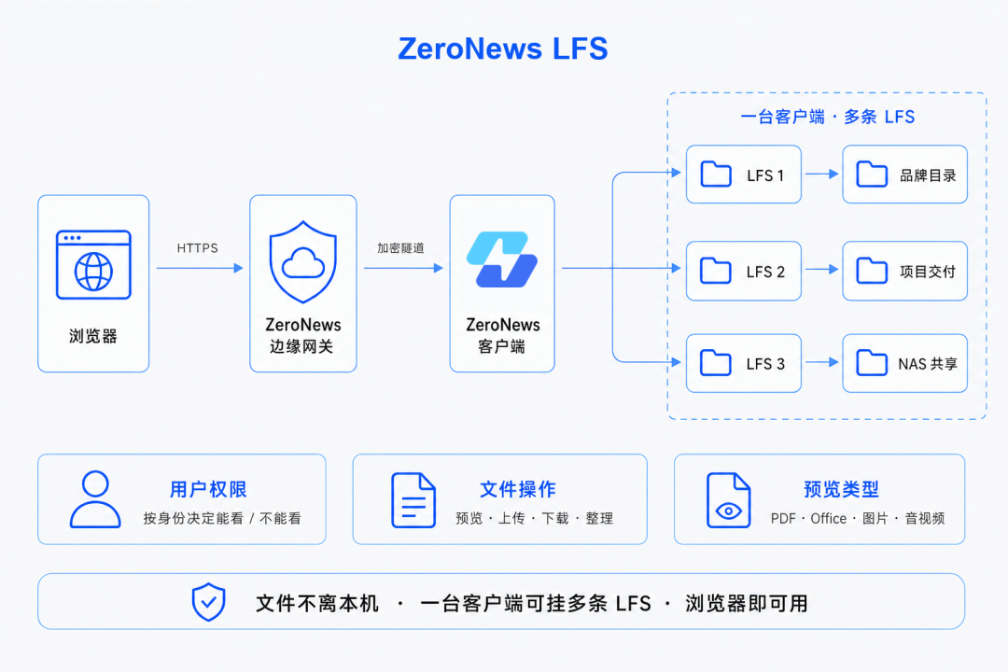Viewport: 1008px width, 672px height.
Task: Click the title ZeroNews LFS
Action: click(503, 49)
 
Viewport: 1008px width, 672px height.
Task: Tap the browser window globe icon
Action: click(94, 264)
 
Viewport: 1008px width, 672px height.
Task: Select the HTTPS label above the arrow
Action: click(197, 248)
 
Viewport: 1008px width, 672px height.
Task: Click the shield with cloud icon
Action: click(302, 261)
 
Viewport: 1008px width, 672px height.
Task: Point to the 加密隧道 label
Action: click(400, 248)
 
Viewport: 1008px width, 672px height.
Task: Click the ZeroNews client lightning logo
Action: click(502, 259)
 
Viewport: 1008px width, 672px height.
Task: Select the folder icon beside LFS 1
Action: click(716, 175)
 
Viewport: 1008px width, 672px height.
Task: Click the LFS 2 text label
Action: click(765, 272)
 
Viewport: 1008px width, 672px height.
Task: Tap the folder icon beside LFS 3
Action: click(716, 363)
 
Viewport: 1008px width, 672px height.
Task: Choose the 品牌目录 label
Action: click(928, 175)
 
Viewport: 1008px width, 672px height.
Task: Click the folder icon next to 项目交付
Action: click(873, 271)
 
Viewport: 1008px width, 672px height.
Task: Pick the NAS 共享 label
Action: click(928, 364)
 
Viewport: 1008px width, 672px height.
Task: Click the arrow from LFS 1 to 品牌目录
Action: click(822, 174)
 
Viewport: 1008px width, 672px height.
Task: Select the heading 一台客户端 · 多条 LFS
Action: click(828, 117)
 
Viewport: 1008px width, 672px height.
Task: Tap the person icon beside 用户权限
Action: click(95, 499)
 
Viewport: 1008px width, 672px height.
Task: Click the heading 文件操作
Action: click(518, 489)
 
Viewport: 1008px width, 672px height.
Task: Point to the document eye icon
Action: click(728, 500)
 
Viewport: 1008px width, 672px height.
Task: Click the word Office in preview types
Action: click(828, 518)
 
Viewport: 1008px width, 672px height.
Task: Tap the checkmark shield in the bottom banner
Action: click(209, 602)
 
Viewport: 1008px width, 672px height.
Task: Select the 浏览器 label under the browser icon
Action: click(93, 336)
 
